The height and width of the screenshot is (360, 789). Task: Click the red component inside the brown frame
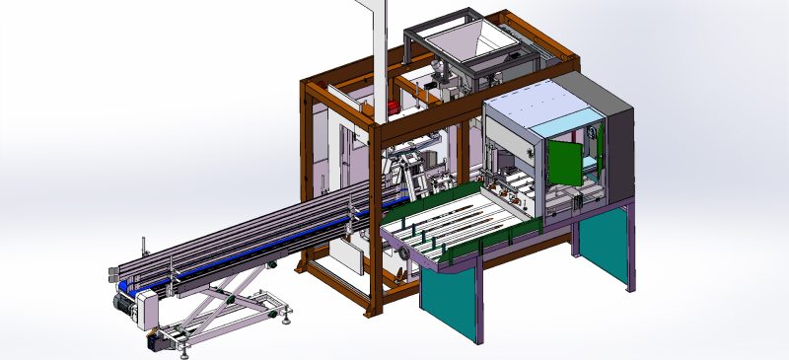click(x=393, y=107)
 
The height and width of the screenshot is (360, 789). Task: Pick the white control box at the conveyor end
click(x=147, y=310)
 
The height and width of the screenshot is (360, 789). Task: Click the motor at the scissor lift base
click(x=158, y=341)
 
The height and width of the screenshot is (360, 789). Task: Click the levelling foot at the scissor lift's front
click(x=287, y=316)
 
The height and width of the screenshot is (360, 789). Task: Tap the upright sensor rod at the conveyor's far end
click(x=145, y=247)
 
